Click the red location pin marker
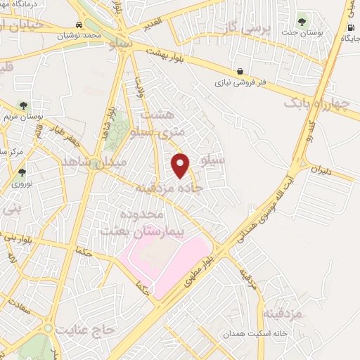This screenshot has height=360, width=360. point(181,165)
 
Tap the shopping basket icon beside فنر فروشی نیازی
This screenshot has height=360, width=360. point(241,71)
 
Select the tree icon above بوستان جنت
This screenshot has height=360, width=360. point(303,19)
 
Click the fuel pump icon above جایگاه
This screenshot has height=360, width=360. point(350,27)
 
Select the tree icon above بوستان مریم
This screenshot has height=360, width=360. point(23,105)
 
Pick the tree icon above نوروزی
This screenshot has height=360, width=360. point(22,172)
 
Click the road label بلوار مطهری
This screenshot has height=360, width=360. point(213,263)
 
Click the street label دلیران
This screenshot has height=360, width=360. point(321,169)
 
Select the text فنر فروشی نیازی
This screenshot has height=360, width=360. point(242,82)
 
